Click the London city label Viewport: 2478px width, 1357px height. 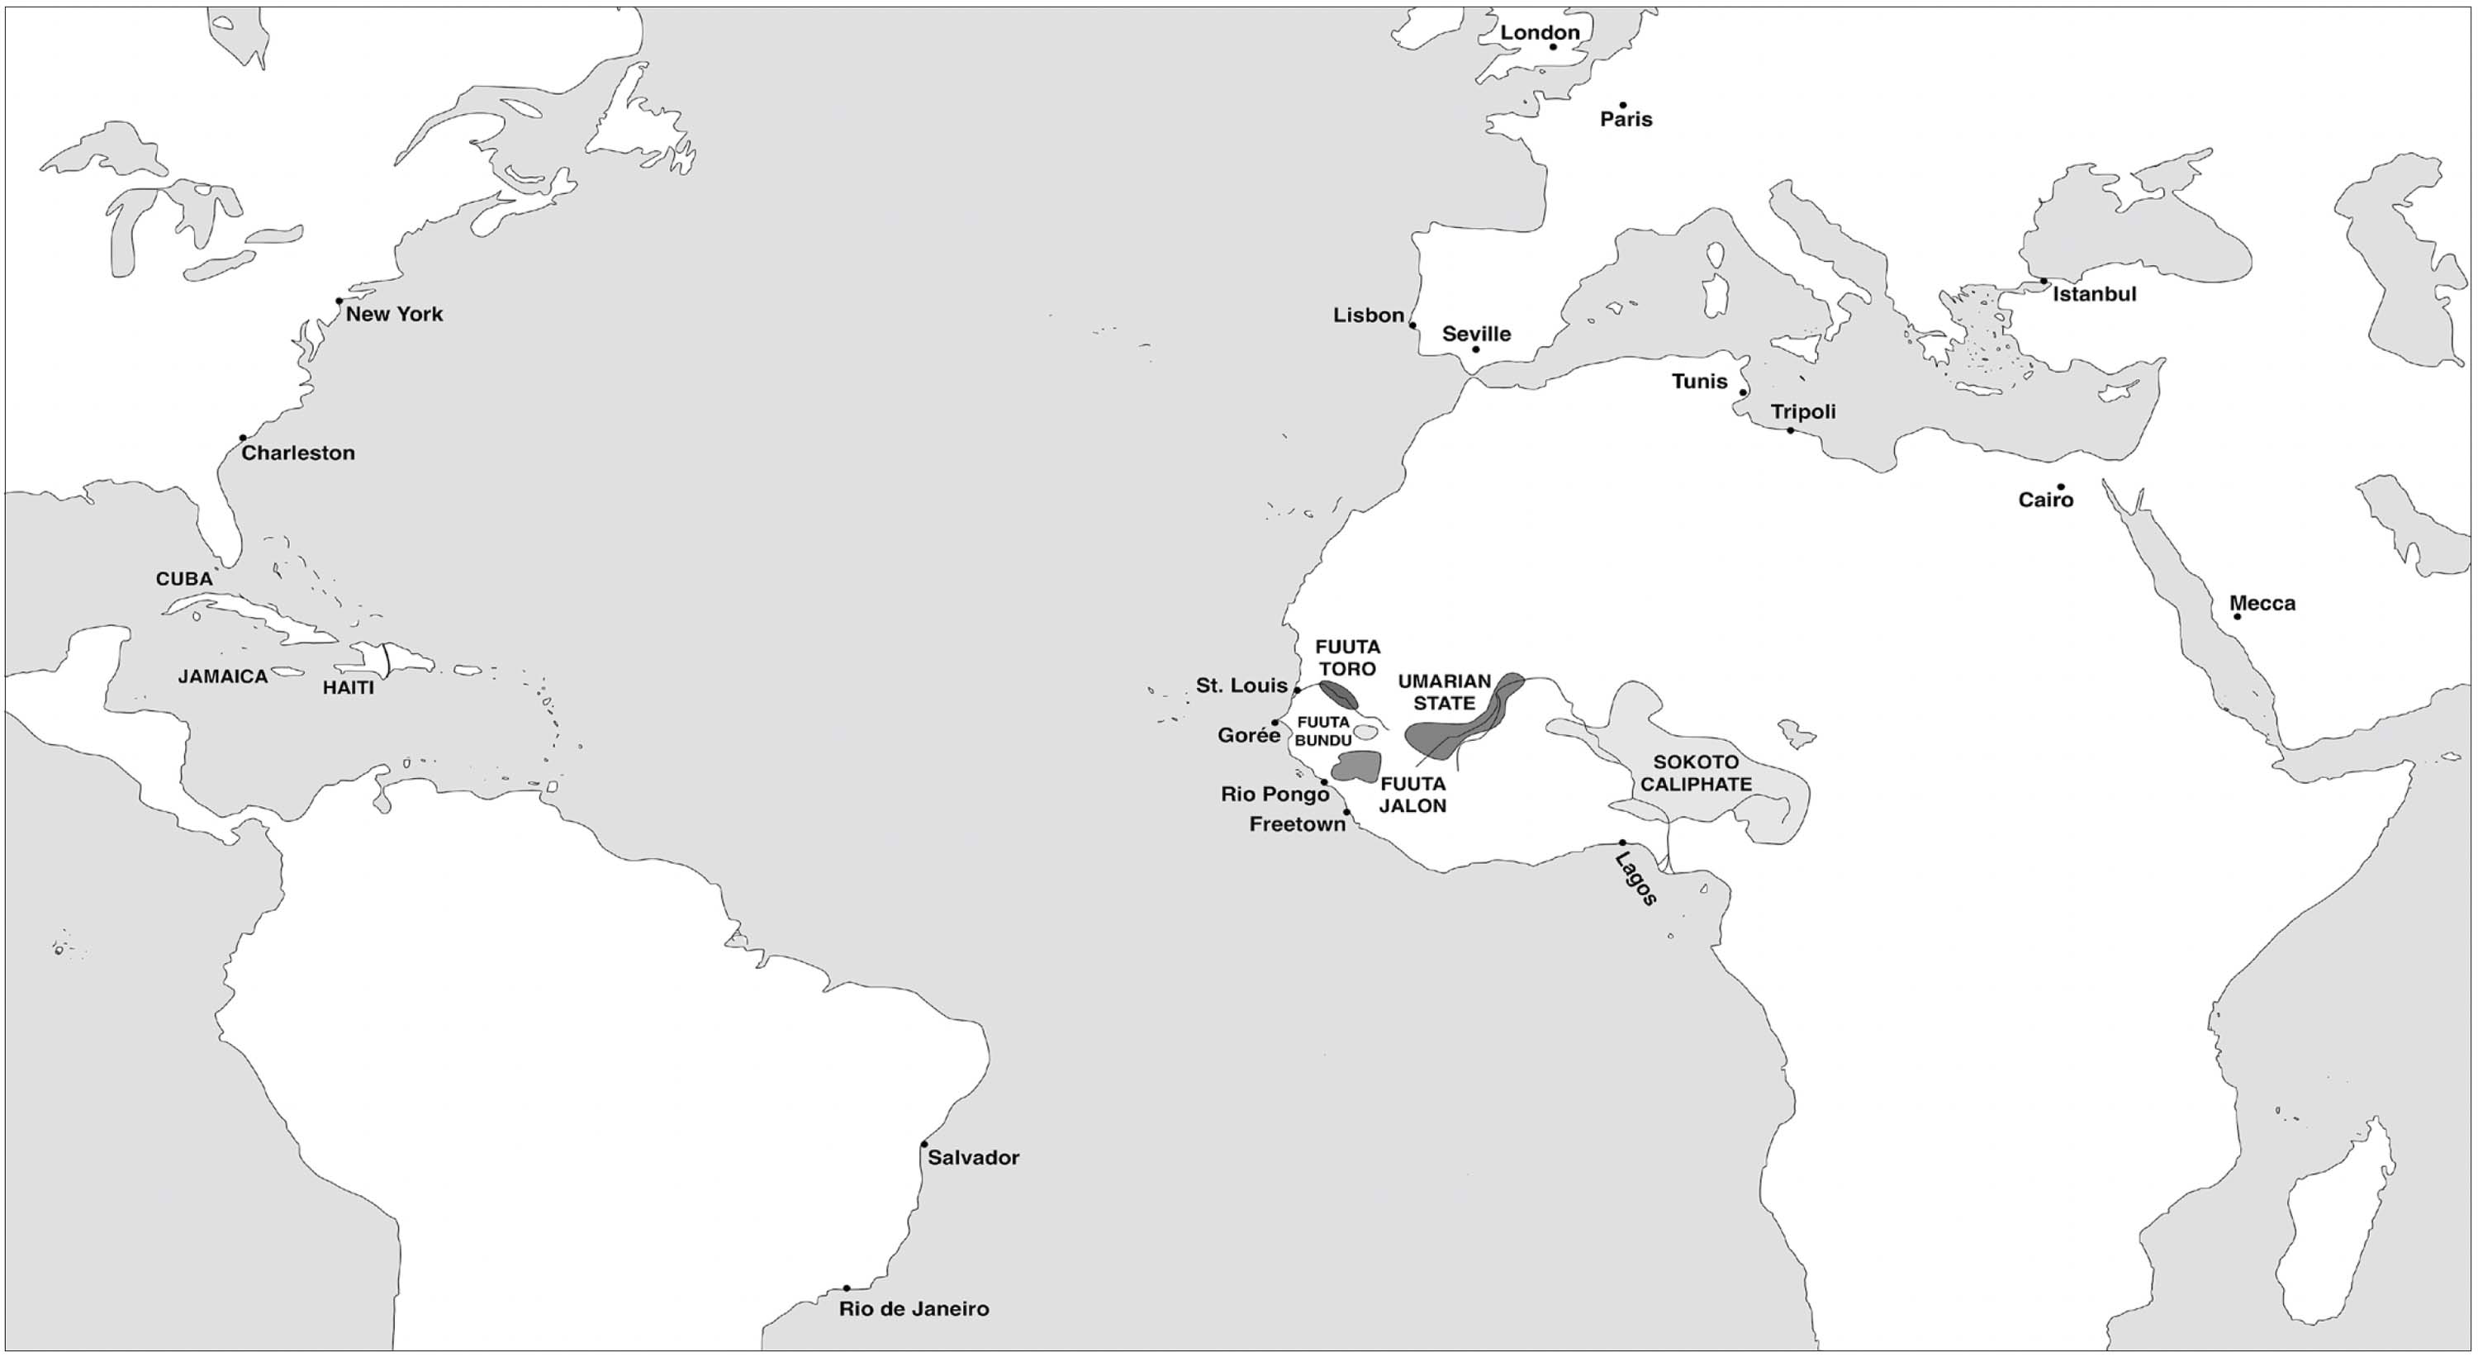point(1540,33)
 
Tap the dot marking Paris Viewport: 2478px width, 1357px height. point(1623,106)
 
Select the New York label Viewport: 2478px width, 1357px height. point(394,315)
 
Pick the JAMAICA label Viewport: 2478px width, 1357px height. point(223,677)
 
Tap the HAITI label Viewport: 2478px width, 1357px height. point(349,688)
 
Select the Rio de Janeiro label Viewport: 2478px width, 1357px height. point(914,1309)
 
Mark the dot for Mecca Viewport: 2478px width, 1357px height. point(2238,616)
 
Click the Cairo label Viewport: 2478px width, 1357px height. point(2046,500)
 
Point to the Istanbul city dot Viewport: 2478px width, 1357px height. point(2044,282)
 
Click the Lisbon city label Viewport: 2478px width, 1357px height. point(1368,316)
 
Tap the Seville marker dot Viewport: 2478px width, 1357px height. point(1475,349)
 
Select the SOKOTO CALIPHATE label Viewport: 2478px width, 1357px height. point(1696,773)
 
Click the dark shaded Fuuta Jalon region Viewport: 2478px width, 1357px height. point(1356,766)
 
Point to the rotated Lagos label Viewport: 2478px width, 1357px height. point(1636,879)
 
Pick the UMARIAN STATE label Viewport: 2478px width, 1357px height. point(1445,692)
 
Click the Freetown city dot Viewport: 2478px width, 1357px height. point(1346,813)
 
